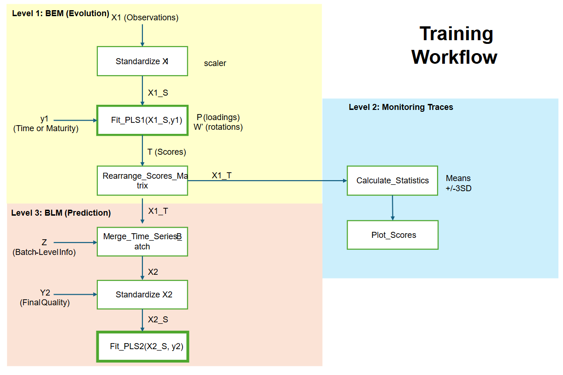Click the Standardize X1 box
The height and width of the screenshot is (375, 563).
tap(142, 61)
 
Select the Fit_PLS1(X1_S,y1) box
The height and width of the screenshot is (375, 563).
tap(142, 120)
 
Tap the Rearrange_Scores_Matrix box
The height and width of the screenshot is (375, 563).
tap(142, 181)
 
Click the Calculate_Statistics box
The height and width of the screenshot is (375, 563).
tap(392, 181)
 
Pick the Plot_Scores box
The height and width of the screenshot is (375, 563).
tap(392, 235)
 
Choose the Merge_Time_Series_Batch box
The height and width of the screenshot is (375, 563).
tap(142, 242)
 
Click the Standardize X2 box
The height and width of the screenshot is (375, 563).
tap(142, 295)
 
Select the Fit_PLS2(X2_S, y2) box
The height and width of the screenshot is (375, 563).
tap(142, 346)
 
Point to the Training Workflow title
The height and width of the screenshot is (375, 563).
tap(454, 45)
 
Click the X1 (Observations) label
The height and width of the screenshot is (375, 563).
tap(145, 18)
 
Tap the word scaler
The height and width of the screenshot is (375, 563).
tap(215, 63)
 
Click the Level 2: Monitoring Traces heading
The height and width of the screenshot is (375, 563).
tap(401, 107)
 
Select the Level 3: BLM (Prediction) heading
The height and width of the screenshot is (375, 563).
tap(61, 213)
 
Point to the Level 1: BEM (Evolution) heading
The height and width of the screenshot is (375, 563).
tap(60, 13)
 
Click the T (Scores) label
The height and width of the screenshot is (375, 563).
tap(166, 152)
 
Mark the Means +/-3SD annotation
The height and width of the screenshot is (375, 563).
tap(458, 183)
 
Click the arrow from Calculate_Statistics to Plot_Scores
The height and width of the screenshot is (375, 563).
tap(392, 208)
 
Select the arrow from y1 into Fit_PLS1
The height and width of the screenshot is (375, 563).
tap(75, 121)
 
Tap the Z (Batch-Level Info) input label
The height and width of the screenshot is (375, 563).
tap(44, 247)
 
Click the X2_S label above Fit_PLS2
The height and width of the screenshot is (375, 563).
tap(158, 320)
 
